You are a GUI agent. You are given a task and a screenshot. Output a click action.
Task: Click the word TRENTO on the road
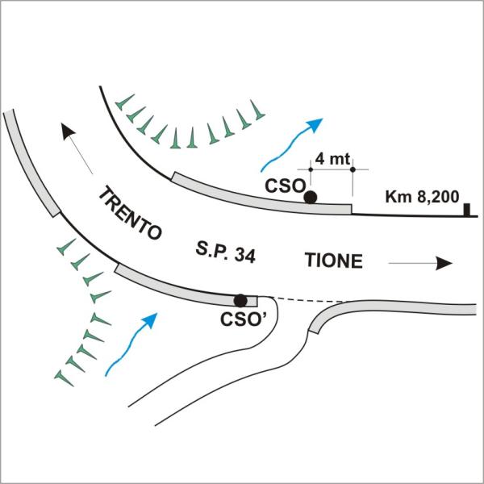(x=129, y=215)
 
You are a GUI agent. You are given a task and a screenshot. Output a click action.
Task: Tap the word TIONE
(x=334, y=261)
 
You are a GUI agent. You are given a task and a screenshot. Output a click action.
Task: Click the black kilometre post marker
(x=466, y=211)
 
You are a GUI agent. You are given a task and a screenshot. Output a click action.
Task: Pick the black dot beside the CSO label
(x=310, y=196)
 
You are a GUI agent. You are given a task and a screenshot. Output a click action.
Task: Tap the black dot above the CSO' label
(x=240, y=300)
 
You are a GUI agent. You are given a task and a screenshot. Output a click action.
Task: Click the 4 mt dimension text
(x=332, y=158)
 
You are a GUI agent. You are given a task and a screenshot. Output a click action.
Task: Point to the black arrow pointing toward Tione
(x=419, y=263)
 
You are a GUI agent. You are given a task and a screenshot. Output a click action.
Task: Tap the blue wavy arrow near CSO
(x=290, y=143)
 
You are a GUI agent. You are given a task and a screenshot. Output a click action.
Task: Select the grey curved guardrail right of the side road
(x=387, y=310)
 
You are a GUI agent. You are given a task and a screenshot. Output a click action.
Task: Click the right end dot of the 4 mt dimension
(x=353, y=169)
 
